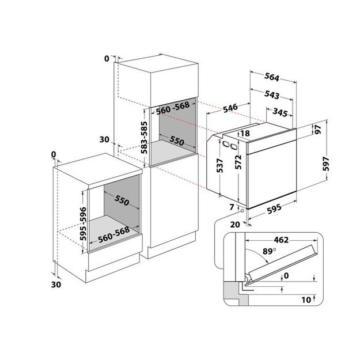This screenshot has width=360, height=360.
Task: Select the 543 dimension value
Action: [273, 95]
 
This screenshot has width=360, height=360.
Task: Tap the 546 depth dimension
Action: [231, 108]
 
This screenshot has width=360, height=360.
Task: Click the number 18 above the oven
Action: [244, 134]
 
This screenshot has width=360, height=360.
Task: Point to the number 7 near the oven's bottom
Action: [232, 206]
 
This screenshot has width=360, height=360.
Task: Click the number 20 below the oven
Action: [233, 224]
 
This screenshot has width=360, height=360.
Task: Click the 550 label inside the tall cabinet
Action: [176, 142]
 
